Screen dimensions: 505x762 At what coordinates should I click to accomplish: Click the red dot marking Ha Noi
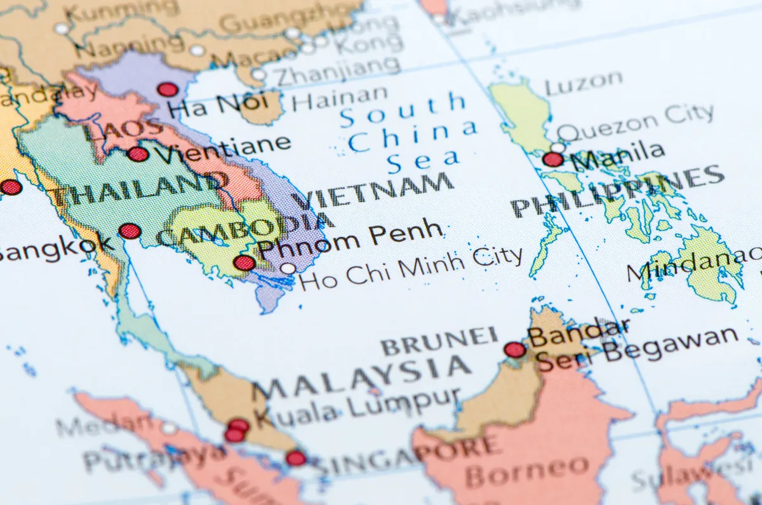[168, 90]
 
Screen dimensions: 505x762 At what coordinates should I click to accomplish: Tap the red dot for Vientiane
[138, 154]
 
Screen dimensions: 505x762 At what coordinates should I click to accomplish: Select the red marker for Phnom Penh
[244, 262]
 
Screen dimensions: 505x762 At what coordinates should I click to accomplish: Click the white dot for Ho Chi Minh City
[288, 268]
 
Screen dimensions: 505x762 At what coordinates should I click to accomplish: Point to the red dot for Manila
[553, 159]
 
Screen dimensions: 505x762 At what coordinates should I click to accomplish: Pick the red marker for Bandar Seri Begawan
[514, 349]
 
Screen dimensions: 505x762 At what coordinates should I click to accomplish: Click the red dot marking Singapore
[295, 457]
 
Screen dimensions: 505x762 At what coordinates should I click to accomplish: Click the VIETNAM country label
[375, 190]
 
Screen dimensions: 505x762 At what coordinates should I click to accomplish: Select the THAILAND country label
[137, 188]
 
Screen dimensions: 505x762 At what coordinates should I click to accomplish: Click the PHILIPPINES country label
[616, 191]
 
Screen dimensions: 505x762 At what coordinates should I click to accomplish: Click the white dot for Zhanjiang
[258, 74]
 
